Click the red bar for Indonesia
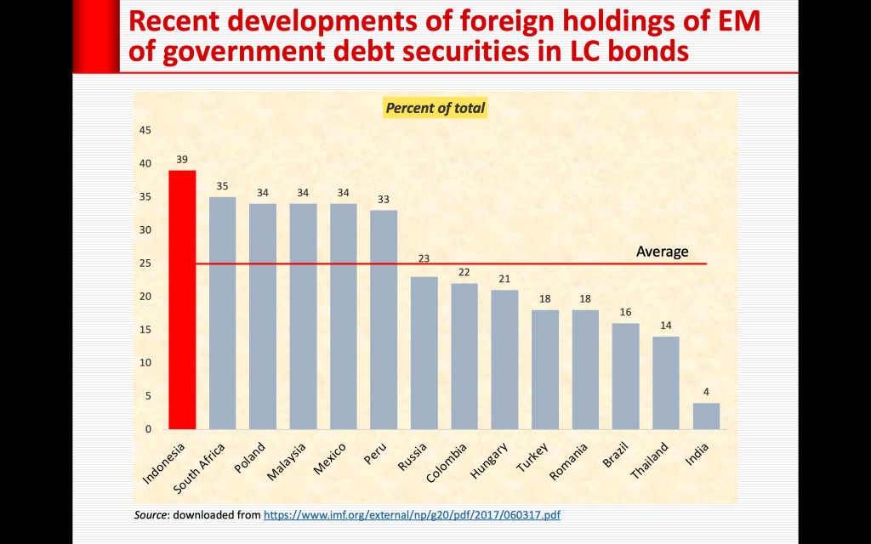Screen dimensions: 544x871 182,299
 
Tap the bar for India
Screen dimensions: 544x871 706,416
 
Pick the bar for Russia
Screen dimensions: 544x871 424,353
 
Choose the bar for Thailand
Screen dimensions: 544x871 666,382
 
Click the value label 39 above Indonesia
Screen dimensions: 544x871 182,159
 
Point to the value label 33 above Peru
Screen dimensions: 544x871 384,199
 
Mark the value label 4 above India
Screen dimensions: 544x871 706,392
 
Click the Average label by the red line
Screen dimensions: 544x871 662,252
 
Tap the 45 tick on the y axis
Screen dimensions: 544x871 145,130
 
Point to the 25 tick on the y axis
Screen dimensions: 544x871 145,263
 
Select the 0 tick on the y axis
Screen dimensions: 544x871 148,429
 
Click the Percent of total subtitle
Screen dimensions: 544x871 435,108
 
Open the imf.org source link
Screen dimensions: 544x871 413,515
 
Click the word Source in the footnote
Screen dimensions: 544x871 151,515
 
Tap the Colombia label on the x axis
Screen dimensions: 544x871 448,461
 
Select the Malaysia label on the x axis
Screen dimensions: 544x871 287,462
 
